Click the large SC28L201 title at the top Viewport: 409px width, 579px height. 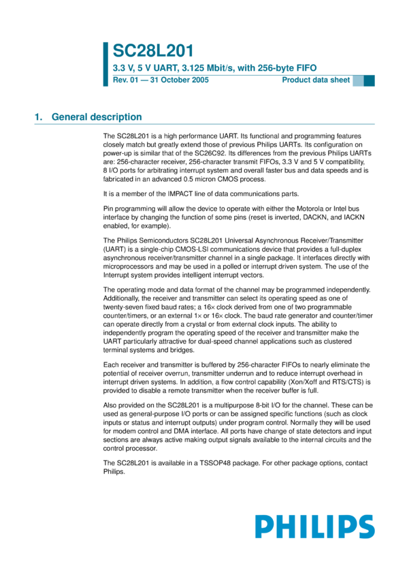(x=153, y=51)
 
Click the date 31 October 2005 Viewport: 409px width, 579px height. (x=179, y=80)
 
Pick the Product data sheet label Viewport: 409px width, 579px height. (x=316, y=80)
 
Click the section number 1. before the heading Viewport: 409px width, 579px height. (x=39, y=117)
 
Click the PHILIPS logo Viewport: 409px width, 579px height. (x=315, y=527)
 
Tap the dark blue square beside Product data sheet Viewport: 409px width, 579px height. (x=369, y=80)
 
